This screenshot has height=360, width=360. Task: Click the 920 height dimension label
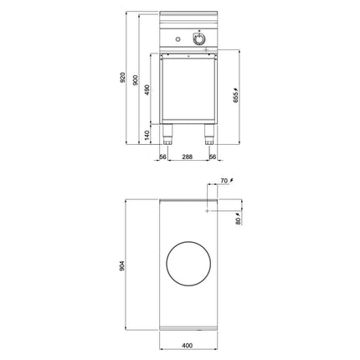(122, 77)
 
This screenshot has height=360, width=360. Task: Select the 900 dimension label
(136, 80)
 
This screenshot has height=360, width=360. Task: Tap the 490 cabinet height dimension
(147, 90)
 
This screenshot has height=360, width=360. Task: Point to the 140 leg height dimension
(147, 135)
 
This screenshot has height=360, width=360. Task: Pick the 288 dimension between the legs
(188, 157)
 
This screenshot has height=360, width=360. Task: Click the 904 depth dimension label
(122, 265)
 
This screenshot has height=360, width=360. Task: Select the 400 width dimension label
(188, 346)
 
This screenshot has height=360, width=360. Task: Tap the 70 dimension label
(224, 181)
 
